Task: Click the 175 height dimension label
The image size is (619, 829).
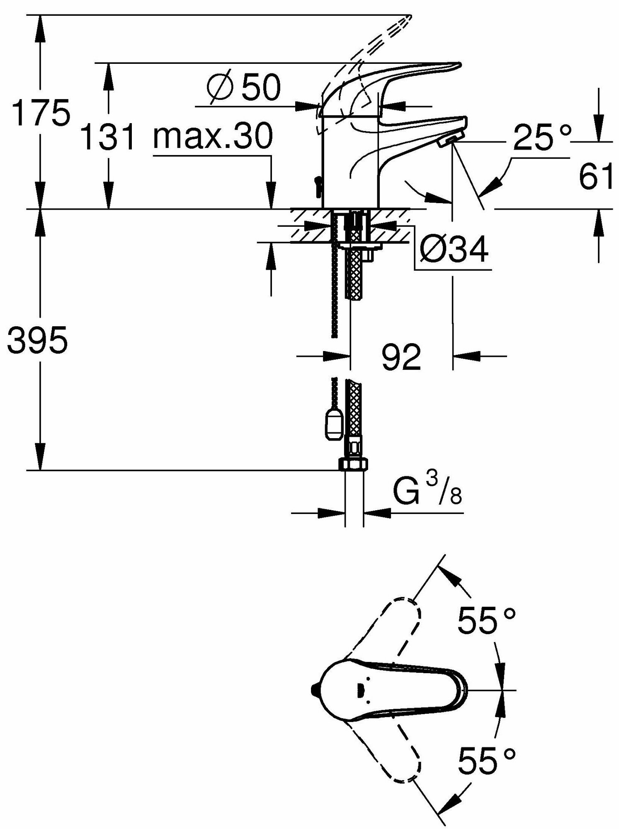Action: point(41,113)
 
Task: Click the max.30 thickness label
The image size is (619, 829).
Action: point(213,137)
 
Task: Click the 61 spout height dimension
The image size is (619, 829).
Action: point(596,176)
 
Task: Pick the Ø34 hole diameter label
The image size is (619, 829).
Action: point(454,250)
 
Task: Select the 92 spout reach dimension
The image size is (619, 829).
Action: point(401,356)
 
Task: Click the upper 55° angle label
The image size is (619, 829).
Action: point(486,621)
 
